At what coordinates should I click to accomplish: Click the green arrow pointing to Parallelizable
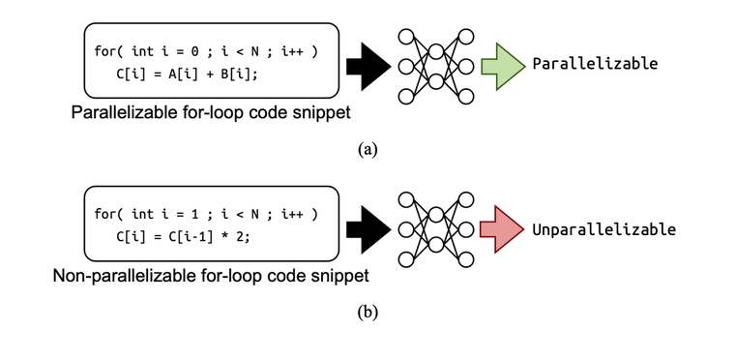tap(502, 64)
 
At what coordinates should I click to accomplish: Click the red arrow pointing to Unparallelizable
tap(502, 229)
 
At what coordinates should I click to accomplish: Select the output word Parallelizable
tap(595, 64)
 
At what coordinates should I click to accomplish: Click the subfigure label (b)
tap(367, 312)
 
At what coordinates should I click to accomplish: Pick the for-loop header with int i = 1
tap(207, 214)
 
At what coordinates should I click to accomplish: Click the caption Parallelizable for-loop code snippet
tap(209, 113)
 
